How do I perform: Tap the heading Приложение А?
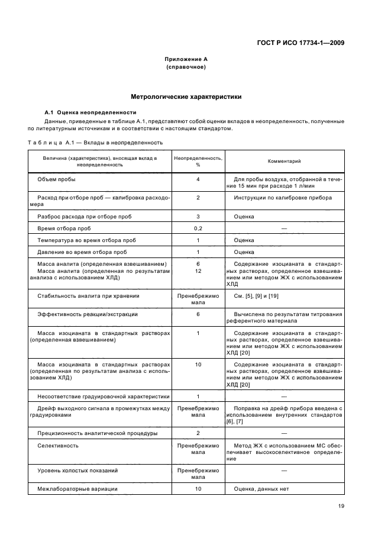point(186,59)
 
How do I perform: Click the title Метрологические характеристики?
point(186,96)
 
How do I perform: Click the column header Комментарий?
point(284,161)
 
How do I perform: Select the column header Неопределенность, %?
point(198,161)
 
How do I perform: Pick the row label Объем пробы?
point(56,179)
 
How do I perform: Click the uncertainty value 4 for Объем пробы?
point(198,179)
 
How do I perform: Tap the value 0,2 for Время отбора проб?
point(198,228)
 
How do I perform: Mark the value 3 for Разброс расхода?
point(198,216)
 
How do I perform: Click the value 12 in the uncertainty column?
point(198,270)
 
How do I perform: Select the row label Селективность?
point(58,445)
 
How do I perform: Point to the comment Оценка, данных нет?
point(263,489)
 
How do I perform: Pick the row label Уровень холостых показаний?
point(77,470)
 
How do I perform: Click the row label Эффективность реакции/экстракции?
point(88,314)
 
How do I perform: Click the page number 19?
point(341,506)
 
